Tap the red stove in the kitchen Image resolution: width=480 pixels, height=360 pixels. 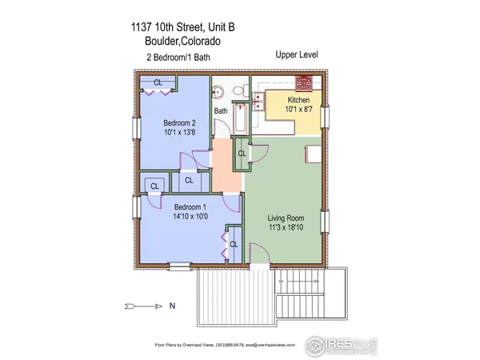305,82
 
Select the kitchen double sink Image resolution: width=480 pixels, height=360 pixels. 261,99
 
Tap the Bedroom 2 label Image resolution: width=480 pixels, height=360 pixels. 173,123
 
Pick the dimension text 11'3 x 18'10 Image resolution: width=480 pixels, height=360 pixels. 286,226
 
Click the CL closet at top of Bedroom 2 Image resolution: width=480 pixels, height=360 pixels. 158,82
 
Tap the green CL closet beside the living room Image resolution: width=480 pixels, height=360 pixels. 241,153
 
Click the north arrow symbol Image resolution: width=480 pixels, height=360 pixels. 144,305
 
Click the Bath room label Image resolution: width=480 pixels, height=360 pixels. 221,111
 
